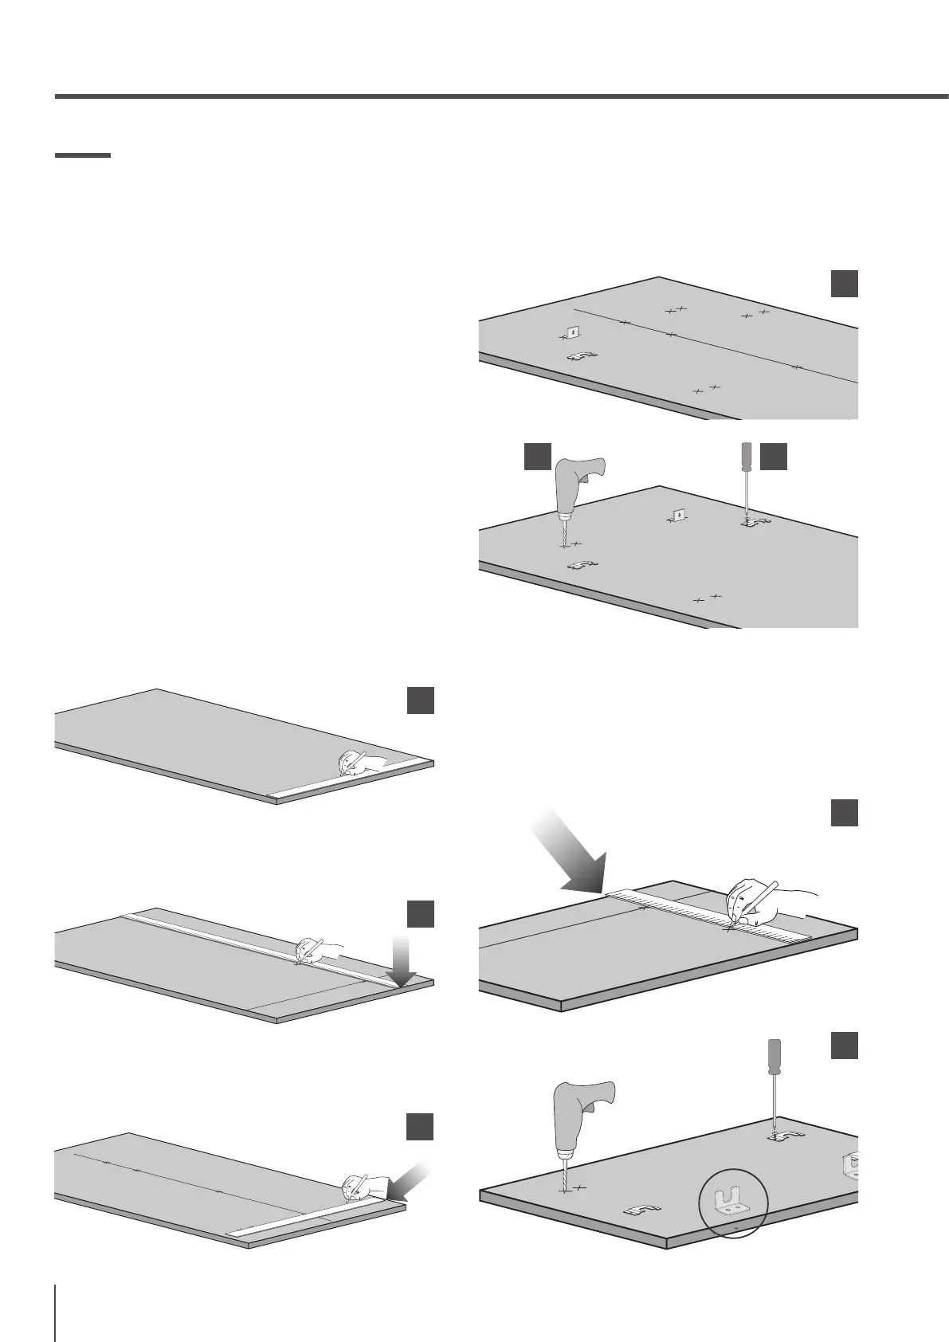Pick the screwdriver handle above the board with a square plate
click(x=745, y=455)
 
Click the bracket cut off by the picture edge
click(x=850, y=1167)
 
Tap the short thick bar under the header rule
click(x=82, y=155)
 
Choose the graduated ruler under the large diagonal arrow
click(x=709, y=914)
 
